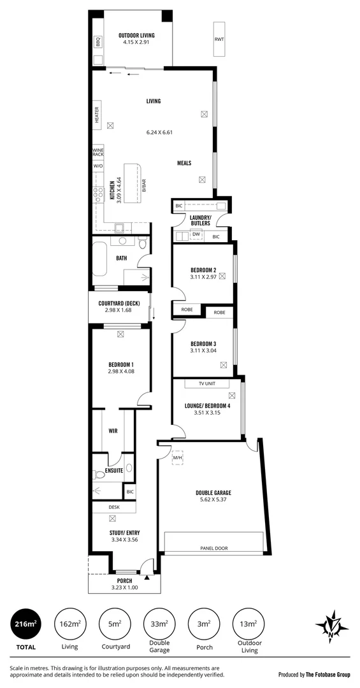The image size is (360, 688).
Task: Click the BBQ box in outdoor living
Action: click(98, 42)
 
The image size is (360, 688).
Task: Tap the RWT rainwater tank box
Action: click(219, 39)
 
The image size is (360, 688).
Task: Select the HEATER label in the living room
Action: click(97, 115)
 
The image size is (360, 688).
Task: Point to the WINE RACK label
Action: click(97, 153)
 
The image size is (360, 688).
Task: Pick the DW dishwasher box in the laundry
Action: click(196, 235)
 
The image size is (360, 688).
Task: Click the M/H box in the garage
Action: click(178, 457)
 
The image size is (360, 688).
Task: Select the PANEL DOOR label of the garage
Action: click(213, 548)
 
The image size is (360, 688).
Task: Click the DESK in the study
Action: click(113, 507)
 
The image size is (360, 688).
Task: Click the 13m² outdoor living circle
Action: click(248, 625)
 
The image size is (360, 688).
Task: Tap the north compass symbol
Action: click(332, 624)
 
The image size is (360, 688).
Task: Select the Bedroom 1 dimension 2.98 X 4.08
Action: click(120, 371)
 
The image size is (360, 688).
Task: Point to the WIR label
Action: click(113, 431)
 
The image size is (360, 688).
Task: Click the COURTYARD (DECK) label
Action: click(119, 303)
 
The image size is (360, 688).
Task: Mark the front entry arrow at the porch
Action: click(148, 577)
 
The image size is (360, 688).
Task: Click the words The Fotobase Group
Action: click(326, 674)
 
